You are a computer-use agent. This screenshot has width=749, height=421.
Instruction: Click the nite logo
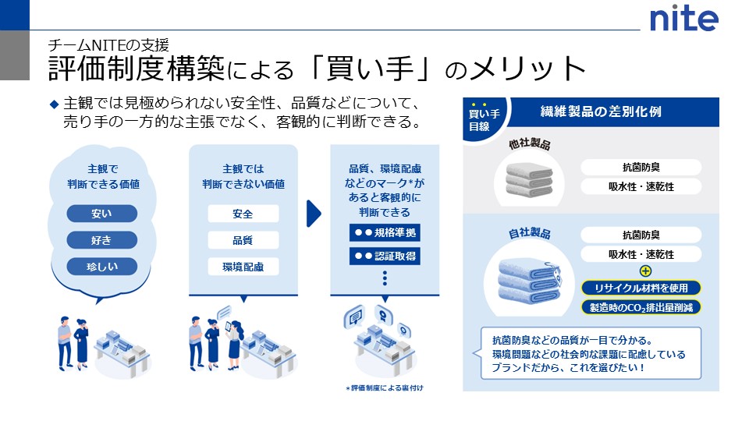pos(684,17)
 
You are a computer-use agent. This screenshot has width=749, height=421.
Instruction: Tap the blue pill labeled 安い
pos(101,213)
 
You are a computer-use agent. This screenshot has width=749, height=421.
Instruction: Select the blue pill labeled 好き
pos(101,239)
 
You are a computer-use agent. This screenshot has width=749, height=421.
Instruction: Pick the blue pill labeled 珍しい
pos(101,266)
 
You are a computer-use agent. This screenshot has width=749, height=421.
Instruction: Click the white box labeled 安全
pos(243,214)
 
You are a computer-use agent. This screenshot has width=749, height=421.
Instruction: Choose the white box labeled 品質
pos(243,240)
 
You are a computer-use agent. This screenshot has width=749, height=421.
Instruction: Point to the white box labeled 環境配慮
pos(243,267)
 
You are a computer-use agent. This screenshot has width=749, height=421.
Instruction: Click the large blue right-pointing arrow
pos(314,214)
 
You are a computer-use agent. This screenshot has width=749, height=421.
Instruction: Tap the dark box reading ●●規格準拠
pos(385,232)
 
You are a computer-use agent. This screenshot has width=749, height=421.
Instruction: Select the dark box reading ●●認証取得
pos(385,256)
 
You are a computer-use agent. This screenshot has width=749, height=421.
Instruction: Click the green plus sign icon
pos(645,271)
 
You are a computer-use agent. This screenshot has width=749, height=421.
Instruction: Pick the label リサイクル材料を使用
pos(641,288)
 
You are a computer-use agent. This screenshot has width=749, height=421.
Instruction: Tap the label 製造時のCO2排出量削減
pos(641,306)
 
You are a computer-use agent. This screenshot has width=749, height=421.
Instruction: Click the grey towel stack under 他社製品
pos(531,179)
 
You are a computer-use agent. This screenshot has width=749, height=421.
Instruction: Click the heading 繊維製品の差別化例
pos(600,111)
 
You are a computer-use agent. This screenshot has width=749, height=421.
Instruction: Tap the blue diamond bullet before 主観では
pos(54,103)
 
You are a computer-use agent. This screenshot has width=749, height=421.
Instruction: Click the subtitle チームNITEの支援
pos(108,45)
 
